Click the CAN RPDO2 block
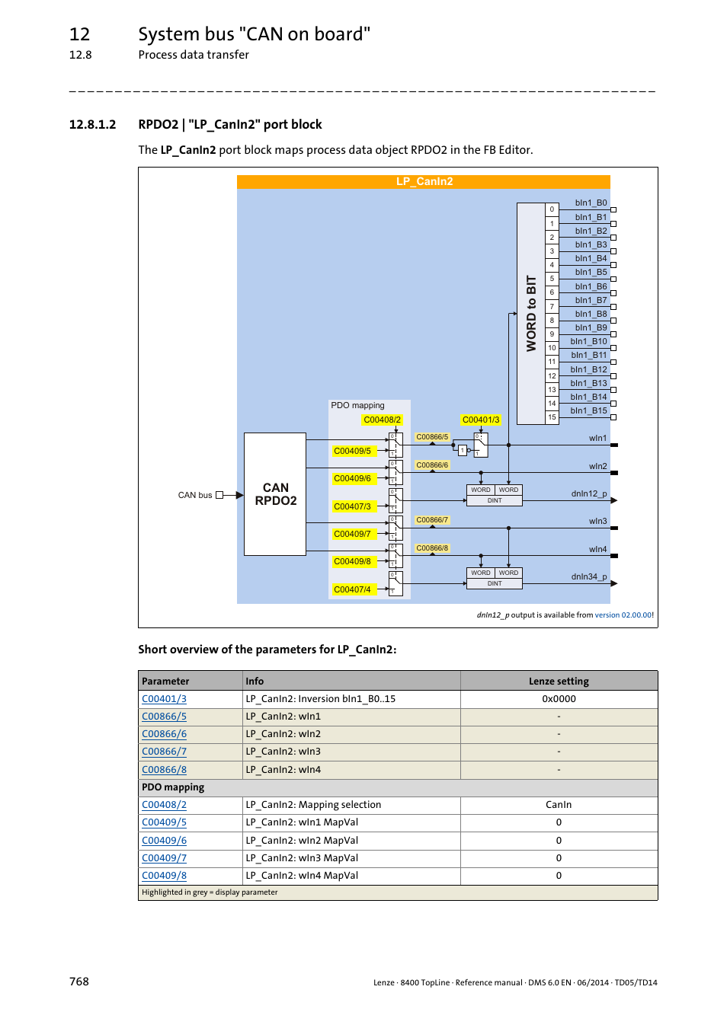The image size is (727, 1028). [275, 494]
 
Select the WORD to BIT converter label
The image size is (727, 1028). [531, 314]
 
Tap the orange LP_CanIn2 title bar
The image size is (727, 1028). [424, 181]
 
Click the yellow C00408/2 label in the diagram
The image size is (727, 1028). [382, 420]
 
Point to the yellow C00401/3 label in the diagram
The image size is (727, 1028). [481, 420]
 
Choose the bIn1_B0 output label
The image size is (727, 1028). [591, 203]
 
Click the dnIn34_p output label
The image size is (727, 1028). [588, 576]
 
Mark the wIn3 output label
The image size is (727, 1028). [597, 521]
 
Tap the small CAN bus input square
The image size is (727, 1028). [219, 495]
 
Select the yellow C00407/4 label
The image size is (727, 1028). [352, 589]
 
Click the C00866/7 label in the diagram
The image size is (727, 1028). [432, 520]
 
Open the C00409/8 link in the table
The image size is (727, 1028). [164, 876]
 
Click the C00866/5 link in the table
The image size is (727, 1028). [164, 717]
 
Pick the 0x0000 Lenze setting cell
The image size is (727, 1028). [559, 699]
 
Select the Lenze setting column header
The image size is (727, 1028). [559, 681]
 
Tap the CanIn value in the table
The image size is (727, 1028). [559, 805]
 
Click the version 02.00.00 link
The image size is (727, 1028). [623, 615]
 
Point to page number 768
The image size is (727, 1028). [79, 982]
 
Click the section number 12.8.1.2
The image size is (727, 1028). [92, 124]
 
